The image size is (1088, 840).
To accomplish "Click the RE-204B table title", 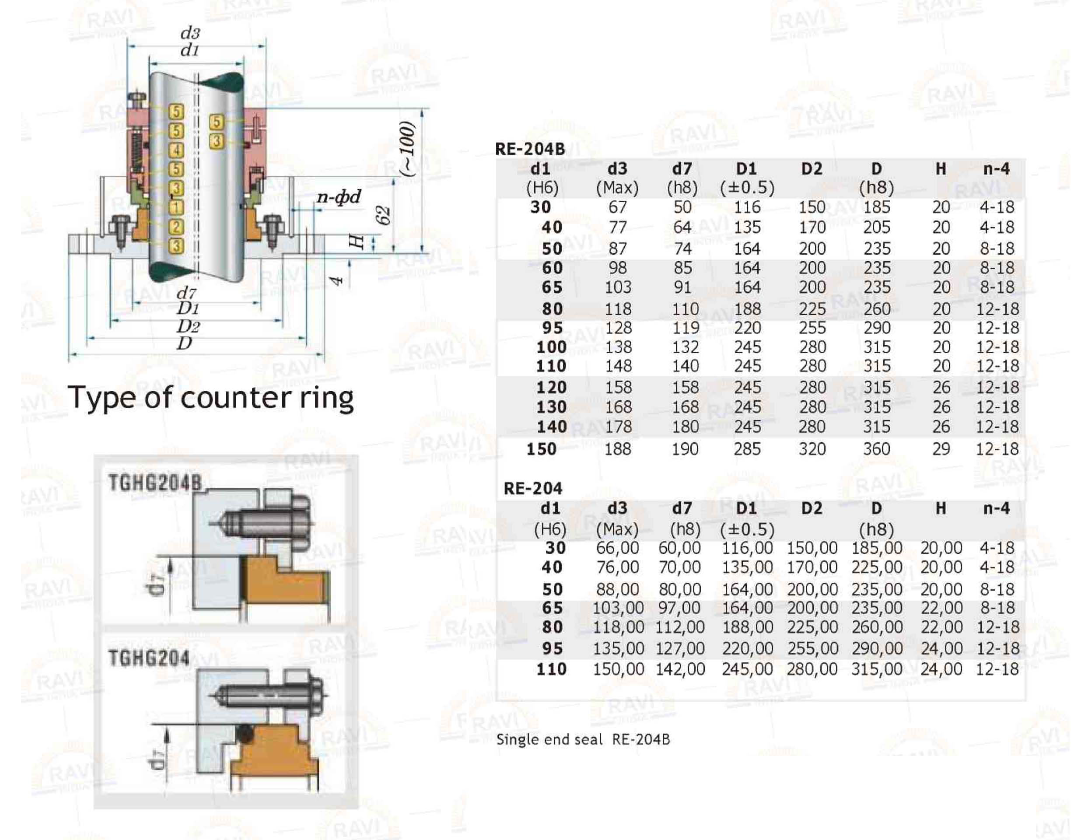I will [x=529, y=148].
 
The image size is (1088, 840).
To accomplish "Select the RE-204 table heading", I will [x=532, y=488].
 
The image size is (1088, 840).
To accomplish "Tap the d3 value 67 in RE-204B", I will [x=617, y=207].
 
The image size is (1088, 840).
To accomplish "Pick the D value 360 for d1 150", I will [x=876, y=449].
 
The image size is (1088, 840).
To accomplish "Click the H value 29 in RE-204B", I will [x=941, y=449].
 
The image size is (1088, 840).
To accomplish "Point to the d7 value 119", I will [x=686, y=328].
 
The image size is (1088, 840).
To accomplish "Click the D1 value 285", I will [x=747, y=449].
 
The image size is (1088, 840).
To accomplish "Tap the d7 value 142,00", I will [x=680, y=669].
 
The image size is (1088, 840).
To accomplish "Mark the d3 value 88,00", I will [x=617, y=589].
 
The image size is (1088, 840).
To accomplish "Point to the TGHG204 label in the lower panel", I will [x=148, y=658].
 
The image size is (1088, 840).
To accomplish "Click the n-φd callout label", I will [x=339, y=197].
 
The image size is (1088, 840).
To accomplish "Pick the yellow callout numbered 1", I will [x=176, y=207].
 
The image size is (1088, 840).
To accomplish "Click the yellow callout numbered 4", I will [x=176, y=150].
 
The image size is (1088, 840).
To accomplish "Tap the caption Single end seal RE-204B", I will [x=583, y=739].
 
